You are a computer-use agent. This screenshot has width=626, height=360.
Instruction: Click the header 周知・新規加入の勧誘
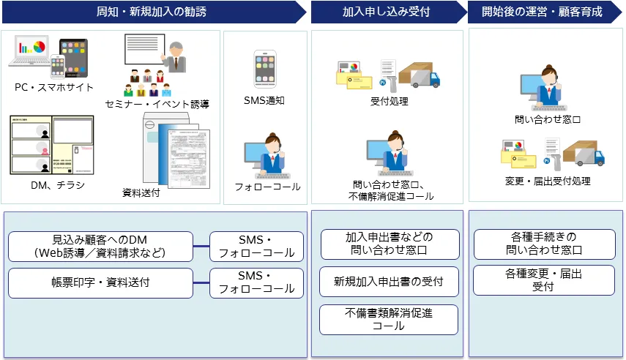point(152,12)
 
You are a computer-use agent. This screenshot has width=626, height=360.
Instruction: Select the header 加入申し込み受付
point(386,12)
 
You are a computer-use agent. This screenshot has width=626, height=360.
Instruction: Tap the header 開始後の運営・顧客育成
point(542,12)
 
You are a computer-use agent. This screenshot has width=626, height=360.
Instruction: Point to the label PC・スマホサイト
point(53,87)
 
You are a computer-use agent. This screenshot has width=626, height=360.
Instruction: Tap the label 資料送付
point(141,193)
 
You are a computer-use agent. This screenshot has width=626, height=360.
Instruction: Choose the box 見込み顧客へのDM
point(100,247)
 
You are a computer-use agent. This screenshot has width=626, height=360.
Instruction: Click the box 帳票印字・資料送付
point(100,282)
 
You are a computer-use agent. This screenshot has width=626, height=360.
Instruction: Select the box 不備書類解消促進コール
point(389,320)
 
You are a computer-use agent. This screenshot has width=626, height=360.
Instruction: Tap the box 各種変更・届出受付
point(543,280)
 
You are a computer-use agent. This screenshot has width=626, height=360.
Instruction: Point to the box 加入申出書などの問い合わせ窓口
point(390,244)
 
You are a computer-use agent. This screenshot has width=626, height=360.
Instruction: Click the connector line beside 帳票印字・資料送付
point(201,283)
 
